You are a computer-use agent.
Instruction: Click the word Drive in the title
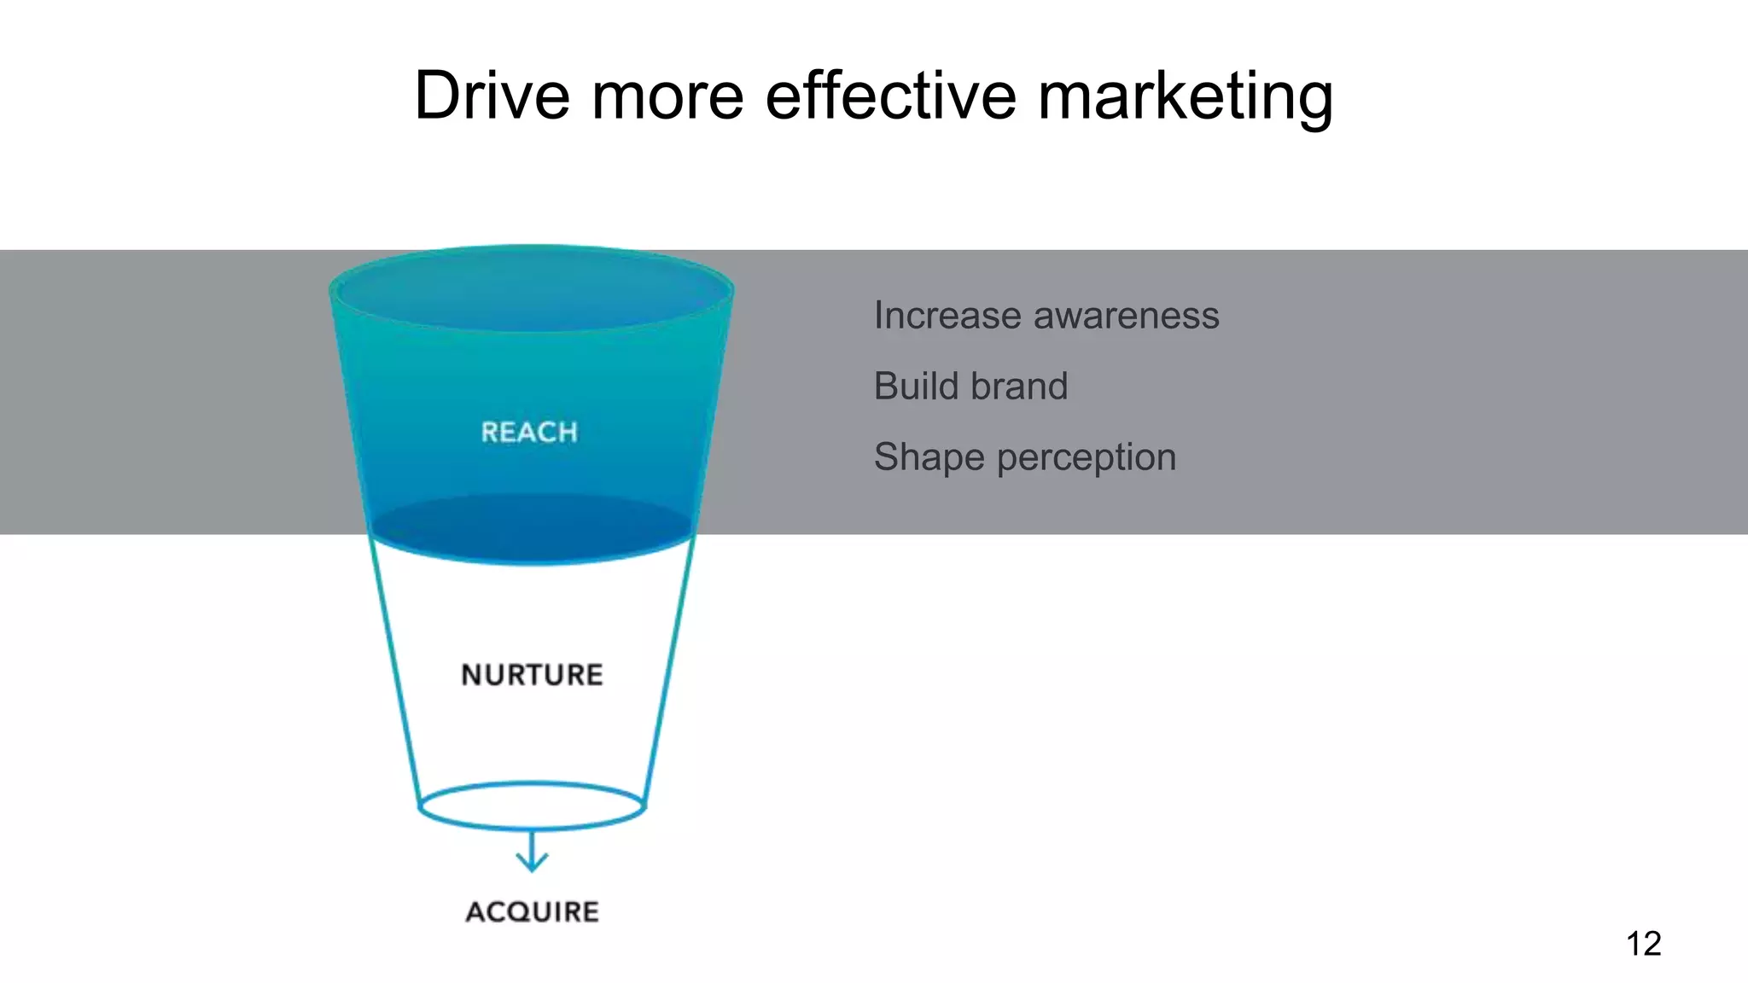pos(492,95)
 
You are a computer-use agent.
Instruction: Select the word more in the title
pos(667,95)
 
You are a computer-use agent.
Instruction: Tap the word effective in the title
pos(890,95)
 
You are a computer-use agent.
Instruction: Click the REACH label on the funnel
pos(529,432)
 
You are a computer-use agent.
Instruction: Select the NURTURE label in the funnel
pos(532,675)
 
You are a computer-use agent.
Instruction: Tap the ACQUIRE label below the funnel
pos(532,911)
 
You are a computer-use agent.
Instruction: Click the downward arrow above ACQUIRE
pos(532,852)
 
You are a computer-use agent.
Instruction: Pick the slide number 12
pos(1643,944)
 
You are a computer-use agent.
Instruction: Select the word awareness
pos(1127,316)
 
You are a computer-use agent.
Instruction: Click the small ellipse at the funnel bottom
pos(532,806)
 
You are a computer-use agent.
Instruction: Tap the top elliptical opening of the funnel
pos(531,289)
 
